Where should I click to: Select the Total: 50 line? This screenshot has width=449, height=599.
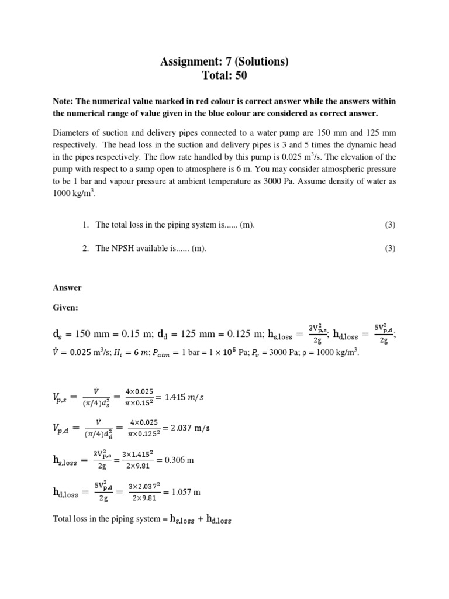click(224, 76)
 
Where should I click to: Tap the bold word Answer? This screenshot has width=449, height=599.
click(67, 288)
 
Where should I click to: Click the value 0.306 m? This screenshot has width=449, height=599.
click(179, 460)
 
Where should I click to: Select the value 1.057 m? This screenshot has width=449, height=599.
click(182, 493)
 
